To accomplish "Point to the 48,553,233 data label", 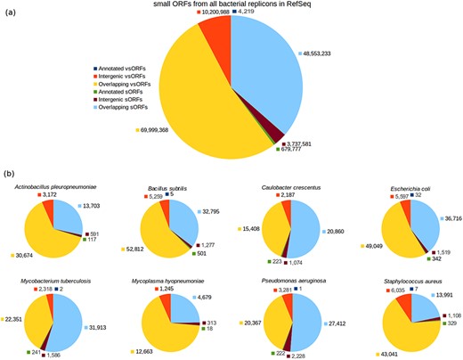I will pyautogui.click(x=328, y=53).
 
